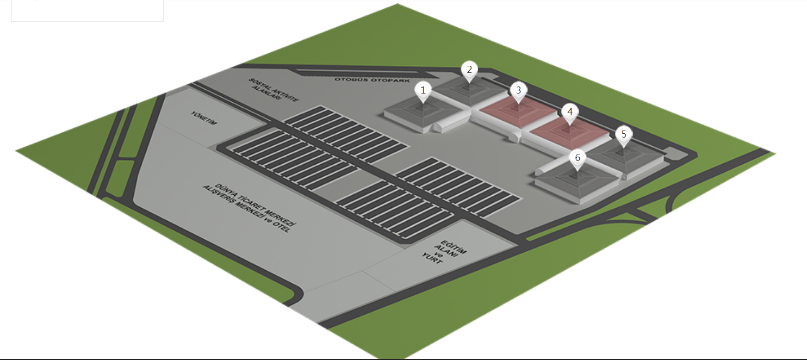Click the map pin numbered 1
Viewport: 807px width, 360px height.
[x=423, y=90]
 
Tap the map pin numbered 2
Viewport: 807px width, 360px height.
[x=469, y=70]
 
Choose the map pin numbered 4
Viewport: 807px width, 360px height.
[x=569, y=113]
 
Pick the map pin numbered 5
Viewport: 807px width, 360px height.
[x=624, y=134]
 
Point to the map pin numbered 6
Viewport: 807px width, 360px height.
[x=578, y=159]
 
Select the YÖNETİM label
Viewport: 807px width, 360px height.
[x=204, y=118]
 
